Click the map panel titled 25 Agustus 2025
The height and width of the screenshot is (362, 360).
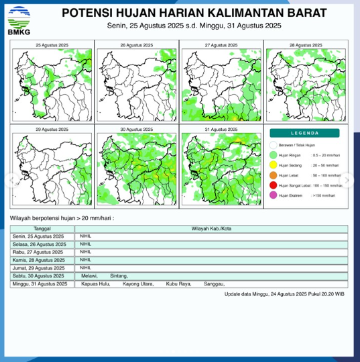pos(52,83)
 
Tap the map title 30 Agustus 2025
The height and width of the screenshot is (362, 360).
pos(137,129)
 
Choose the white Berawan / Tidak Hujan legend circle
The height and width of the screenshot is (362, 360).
pos(273,145)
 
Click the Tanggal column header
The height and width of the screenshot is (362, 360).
pos(42,229)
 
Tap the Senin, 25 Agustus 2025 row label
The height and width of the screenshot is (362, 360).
pos(39,236)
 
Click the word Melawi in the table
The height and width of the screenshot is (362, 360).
pos(88,276)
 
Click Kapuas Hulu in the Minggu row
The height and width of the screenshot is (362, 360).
pos(93,284)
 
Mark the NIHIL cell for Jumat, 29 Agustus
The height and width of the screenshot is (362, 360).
pos(85,268)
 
